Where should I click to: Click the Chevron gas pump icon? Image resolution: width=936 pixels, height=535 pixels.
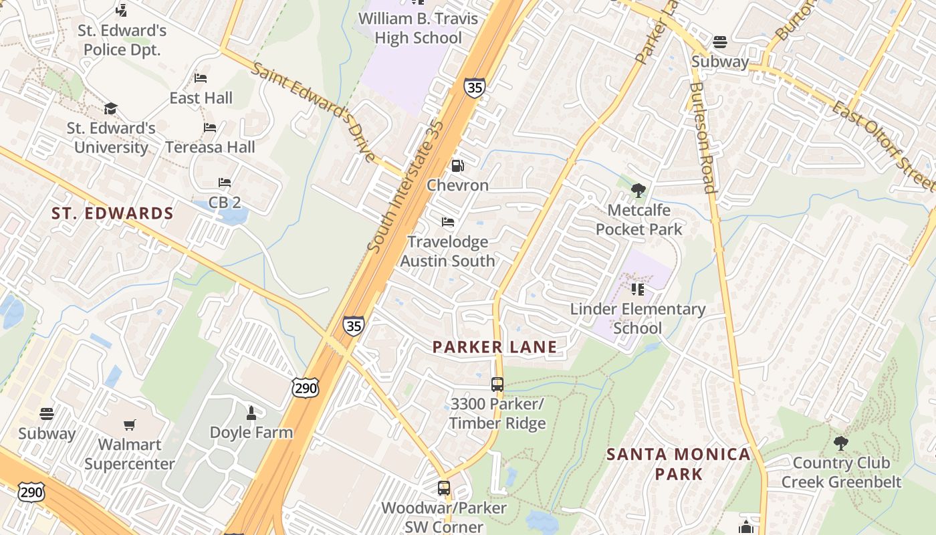click(457, 165)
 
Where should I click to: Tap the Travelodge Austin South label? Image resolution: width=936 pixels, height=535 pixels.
click(447, 251)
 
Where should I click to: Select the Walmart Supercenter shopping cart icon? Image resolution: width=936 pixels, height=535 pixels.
click(130, 425)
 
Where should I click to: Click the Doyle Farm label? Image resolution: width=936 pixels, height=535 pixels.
click(251, 432)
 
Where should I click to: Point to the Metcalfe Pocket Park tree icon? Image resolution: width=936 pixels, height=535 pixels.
click(638, 191)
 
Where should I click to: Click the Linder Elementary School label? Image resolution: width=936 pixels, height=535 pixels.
click(637, 318)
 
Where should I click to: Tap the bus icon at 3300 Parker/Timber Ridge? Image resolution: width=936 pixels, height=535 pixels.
click(497, 385)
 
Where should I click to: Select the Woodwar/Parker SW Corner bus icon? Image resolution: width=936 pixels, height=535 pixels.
click(444, 488)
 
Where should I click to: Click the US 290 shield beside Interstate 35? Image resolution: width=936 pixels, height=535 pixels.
click(305, 387)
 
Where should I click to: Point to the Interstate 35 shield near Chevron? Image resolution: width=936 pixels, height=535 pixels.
click(474, 88)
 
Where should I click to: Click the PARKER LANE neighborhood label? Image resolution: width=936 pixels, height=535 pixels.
click(494, 346)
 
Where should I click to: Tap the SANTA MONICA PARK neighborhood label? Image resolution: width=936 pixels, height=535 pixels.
click(678, 463)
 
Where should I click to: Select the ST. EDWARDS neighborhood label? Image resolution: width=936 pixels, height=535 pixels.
click(112, 213)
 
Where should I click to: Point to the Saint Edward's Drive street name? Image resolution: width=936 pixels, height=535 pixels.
click(314, 111)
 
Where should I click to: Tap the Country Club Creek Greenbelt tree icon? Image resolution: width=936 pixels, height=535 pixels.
click(840, 443)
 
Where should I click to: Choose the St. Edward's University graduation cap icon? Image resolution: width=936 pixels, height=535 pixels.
click(110, 108)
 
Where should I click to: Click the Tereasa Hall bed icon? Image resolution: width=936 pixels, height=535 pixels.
click(210, 127)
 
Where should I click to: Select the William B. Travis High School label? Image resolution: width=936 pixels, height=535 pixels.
click(419, 27)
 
